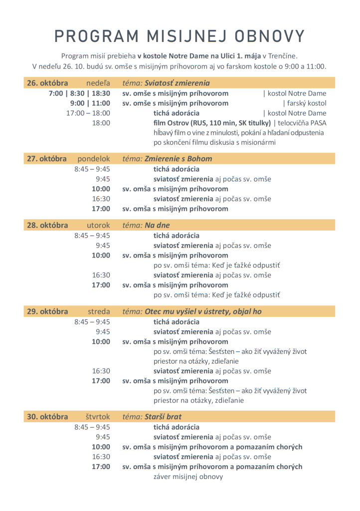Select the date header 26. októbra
47,83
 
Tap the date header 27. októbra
47,159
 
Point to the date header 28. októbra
47,225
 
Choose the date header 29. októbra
47,311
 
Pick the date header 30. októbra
47,417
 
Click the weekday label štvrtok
97,417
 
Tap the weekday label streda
99,311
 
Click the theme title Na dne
157,225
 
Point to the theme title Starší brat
163,417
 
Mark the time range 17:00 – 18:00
88,113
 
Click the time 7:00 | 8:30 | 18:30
79,93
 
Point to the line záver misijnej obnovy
188,477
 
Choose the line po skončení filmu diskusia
214,142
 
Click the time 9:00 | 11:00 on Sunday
90,103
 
